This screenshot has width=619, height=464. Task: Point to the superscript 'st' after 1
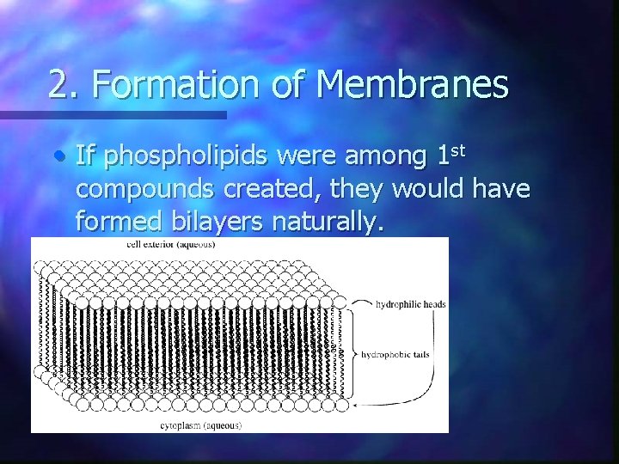click(458, 150)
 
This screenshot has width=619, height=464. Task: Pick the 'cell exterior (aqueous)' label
click(171, 244)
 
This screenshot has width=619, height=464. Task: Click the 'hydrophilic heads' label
click(411, 304)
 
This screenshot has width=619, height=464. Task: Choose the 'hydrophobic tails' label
click(395, 353)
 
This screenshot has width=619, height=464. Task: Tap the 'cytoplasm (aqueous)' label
click(201, 425)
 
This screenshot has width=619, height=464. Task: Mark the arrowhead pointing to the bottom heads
click(355, 404)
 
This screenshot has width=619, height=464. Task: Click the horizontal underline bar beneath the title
click(112, 114)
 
